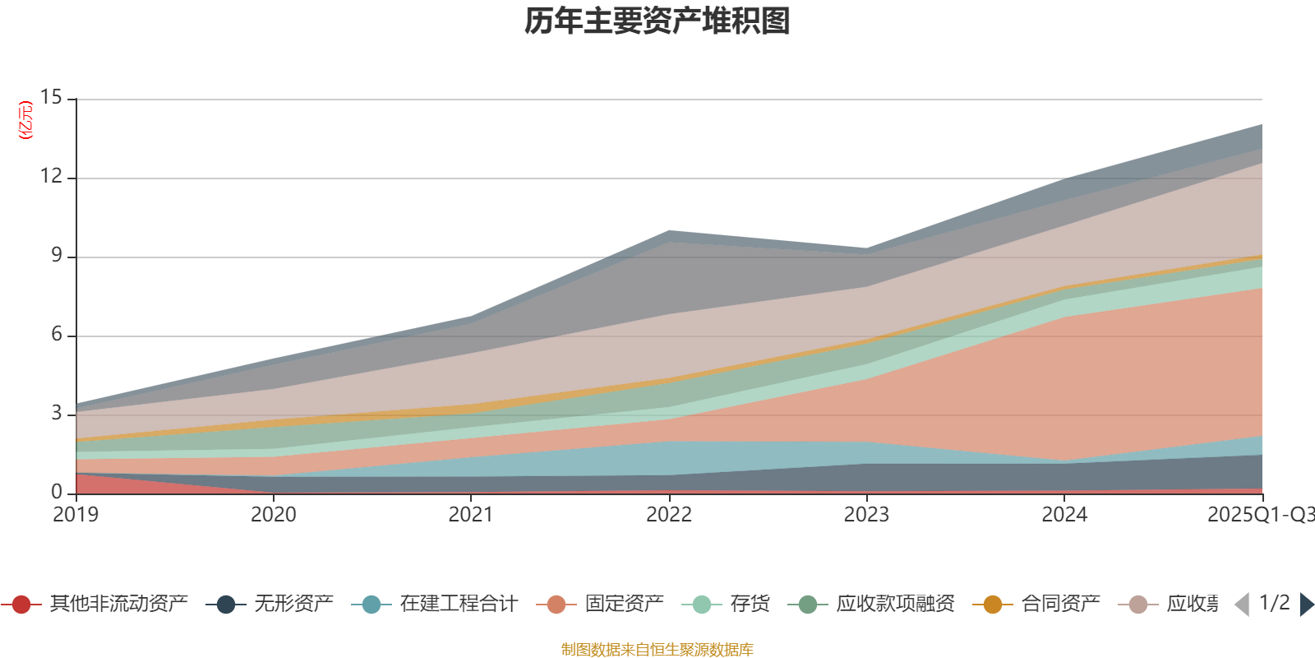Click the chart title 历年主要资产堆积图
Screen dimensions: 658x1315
click(x=657, y=21)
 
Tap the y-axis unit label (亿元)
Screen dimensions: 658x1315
click(x=26, y=120)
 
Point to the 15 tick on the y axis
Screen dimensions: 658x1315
click(x=51, y=97)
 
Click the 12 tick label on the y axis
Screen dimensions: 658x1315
click(x=51, y=176)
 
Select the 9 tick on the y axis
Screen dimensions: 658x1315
click(x=56, y=255)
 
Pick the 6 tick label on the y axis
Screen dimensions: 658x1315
click(x=56, y=334)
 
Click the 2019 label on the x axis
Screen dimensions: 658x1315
click(x=76, y=515)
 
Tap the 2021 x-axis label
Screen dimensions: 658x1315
click(x=471, y=515)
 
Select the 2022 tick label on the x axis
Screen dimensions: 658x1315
click(x=669, y=515)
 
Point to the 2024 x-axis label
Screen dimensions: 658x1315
click(x=1064, y=515)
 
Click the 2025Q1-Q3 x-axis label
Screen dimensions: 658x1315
click(x=1259, y=515)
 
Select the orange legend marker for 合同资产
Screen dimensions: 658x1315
click(x=993, y=605)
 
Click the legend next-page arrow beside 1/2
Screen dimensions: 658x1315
click(x=1306, y=605)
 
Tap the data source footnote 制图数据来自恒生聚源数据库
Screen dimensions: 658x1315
click(x=657, y=650)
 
